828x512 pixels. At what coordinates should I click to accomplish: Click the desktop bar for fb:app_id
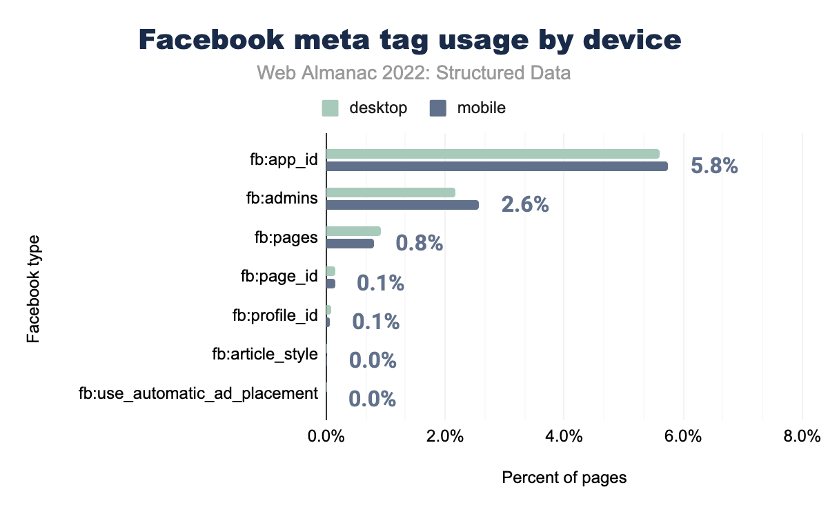[x=493, y=154]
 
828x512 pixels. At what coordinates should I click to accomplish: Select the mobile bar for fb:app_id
[x=497, y=166]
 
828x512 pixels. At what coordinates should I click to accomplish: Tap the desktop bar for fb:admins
[x=391, y=193]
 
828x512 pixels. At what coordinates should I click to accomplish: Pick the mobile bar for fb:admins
[x=402, y=205]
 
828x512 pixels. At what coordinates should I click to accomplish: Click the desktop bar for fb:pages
[x=353, y=231]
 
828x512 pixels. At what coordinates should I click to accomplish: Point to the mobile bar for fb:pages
[x=350, y=244]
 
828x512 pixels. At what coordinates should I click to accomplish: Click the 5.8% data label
[x=715, y=166]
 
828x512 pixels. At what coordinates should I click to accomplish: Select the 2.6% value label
[x=525, y=205]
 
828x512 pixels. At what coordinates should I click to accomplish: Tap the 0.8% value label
[x=419, y=244]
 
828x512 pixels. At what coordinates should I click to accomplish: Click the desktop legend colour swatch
[x=330, y=108]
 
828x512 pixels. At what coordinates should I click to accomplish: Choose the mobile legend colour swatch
[x=437, y=108]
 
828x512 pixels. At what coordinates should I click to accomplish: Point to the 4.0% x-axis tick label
[x=564, y=437]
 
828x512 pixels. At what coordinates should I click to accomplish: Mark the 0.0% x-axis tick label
[x=326, y=437]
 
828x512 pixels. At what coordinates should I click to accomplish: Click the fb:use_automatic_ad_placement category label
[x=198, y=394]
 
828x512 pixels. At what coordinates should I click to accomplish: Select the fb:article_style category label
[x=265, y=355]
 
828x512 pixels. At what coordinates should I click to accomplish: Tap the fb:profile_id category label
[x=275, y=316]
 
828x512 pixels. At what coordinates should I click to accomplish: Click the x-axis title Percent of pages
[x=564, y=477]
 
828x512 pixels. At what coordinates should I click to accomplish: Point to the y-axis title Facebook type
[x=32, y=289]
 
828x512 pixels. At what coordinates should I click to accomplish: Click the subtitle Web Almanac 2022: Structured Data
[x=413, y=72]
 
